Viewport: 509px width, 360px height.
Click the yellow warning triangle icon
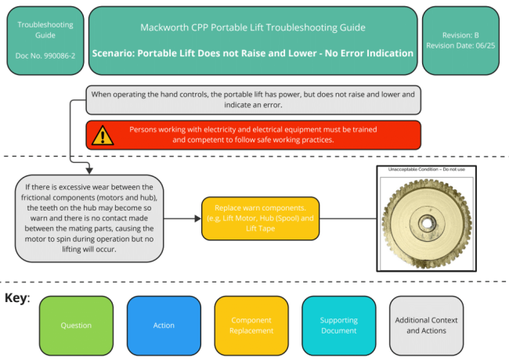[x=101, y=135]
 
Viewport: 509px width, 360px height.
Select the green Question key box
[x=76, y=325]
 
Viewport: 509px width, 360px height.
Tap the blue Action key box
[x=164, y=325]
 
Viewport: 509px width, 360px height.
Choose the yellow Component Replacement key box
[x=251, y=325]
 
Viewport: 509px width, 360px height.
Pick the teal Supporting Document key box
[x=339, y=325]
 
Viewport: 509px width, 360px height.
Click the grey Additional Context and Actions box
[x=426, y=325]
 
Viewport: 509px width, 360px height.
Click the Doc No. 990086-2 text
[x=45, y=56]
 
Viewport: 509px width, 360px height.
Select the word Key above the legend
[x=16, y=298]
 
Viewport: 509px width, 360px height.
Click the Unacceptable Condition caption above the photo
[x=426, y=170]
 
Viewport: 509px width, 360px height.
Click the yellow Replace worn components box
[x=260, y=218]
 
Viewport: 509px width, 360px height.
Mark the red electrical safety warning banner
[x=253, y=135]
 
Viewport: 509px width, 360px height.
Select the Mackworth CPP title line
[x=252, y=27]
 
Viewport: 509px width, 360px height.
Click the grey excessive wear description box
[x=90, y=218]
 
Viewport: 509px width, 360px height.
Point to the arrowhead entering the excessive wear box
[x=90, y=171]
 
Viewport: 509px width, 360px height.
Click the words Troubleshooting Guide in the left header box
[x=45, y=30]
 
